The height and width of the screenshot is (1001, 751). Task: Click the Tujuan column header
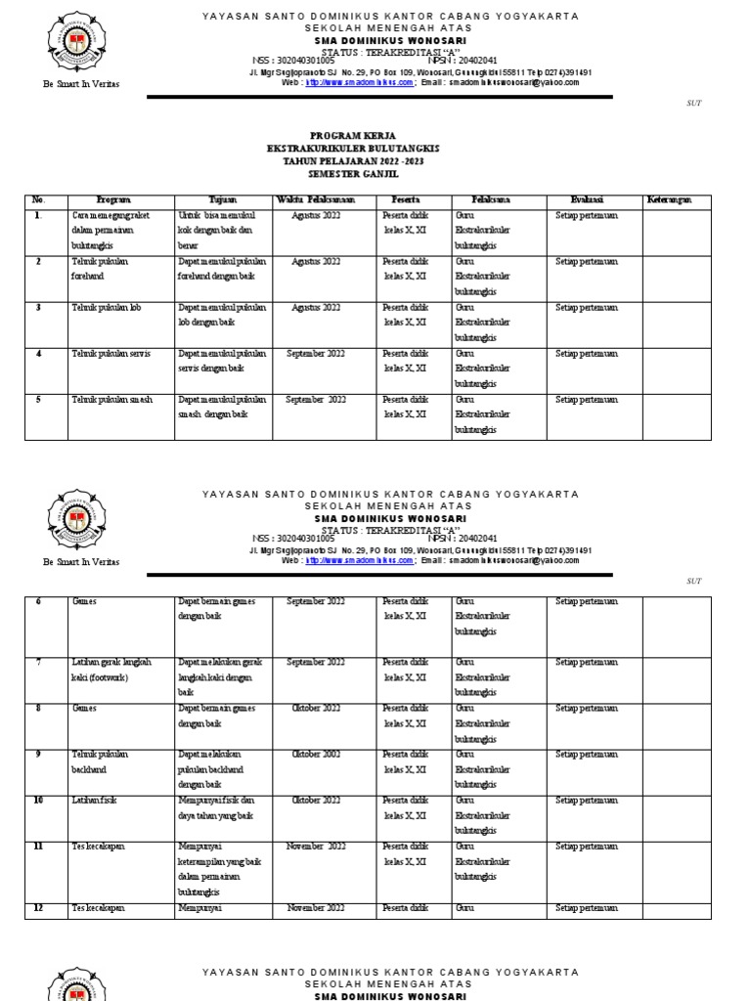click(x=223, y=199)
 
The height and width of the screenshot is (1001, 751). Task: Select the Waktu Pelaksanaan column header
click(x=316, y=199)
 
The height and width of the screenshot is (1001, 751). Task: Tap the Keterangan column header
click(x=669, y=199)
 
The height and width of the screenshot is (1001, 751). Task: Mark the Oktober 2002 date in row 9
click(x=316, y=754)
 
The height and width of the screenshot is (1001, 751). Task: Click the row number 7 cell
click(x=38, y=662)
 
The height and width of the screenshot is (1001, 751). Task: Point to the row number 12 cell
click(x=38, y=908)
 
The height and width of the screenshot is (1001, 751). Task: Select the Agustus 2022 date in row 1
click(x=316, y=214)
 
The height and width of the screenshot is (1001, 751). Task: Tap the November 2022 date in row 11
click(x=316, y=847)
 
